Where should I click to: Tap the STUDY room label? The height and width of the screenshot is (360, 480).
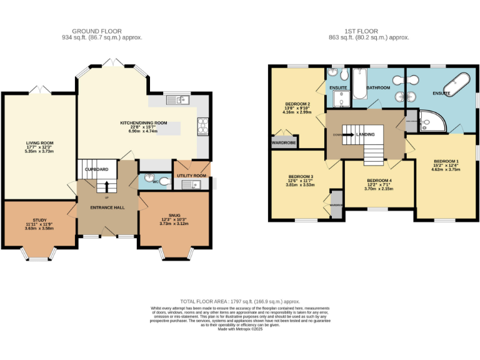pos(39,219)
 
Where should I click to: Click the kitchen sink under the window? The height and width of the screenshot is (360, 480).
pos(178,100)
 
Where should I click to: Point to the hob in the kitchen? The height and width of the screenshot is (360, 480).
pos(203,125)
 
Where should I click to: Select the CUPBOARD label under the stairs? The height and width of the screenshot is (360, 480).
pos(97,169)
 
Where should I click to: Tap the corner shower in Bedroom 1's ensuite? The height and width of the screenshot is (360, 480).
pos(431,122)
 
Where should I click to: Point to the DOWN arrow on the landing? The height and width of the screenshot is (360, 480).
pos(337,134)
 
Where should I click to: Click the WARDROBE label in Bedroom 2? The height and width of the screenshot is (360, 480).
pos(283,142)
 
